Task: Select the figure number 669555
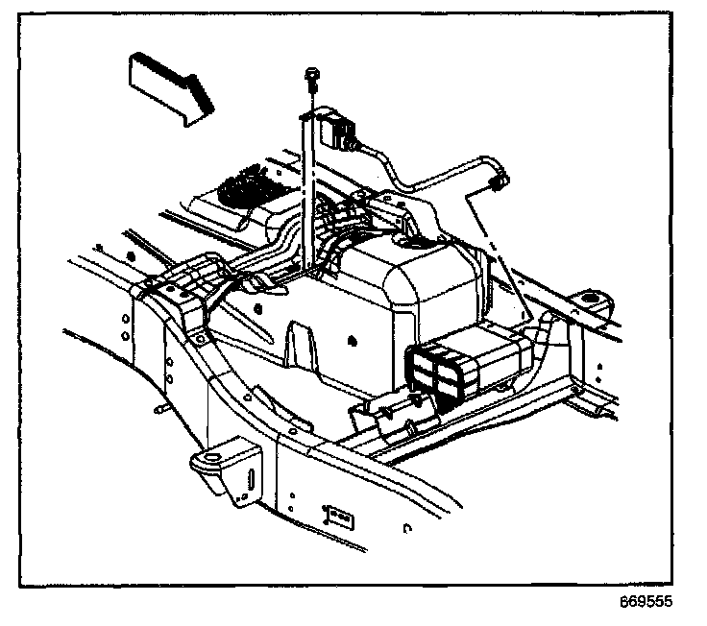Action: [x=646, y=602]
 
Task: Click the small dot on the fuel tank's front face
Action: [x=353, y=339]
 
